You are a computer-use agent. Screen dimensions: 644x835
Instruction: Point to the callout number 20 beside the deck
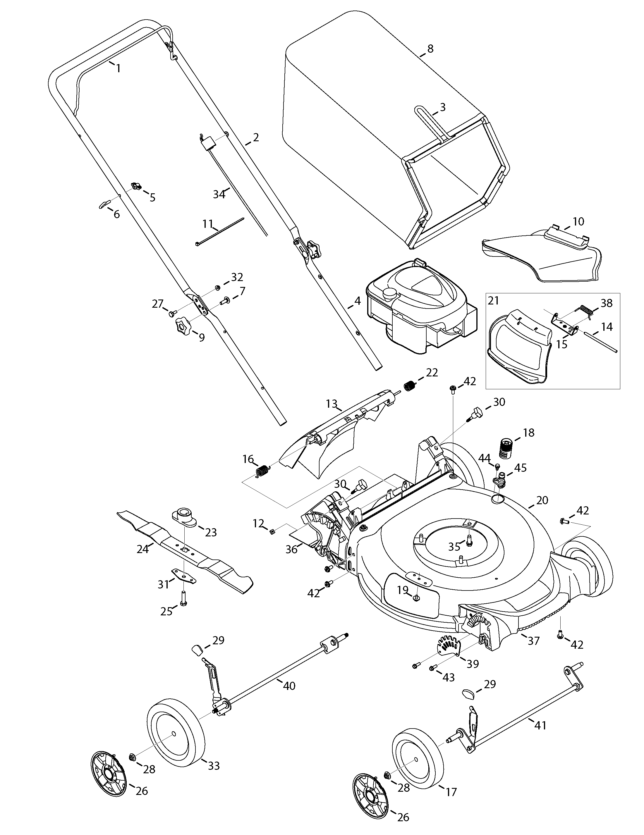click(x=542, y=500)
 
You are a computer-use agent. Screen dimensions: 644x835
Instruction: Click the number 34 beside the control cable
click(x=219, y=194)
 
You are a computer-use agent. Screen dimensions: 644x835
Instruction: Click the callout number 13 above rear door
click(x=332, y=403)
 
